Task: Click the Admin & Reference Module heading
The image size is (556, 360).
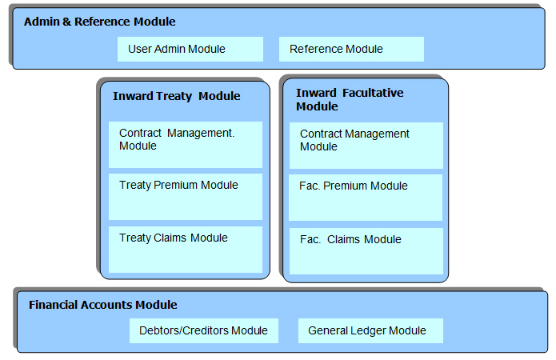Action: point(100,22)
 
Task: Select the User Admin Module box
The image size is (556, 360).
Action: point(190,50)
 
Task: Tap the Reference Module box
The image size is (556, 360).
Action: point(351,50)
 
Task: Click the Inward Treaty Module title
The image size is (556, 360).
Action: point(177,96)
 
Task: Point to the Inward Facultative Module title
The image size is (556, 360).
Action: point(350,100)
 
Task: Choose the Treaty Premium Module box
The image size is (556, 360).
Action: point(186,197)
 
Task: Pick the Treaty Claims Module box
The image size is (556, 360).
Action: point(186,250)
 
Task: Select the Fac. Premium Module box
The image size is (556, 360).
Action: point(366,198)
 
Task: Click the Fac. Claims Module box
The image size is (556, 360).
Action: point(366,251)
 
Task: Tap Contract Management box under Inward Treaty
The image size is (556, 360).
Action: point(186,145)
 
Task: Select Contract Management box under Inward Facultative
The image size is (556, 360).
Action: point(366,146)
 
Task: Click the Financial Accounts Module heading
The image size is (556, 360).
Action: point(103,305)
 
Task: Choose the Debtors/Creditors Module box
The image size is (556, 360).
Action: point(204,331)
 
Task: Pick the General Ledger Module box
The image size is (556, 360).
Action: point(370,331)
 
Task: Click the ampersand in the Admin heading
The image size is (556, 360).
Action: point(66,22)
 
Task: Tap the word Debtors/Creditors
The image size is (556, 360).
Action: point(184,330)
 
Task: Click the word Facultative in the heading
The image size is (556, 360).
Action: point(373,93)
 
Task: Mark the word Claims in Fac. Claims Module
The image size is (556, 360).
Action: point(343,239)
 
